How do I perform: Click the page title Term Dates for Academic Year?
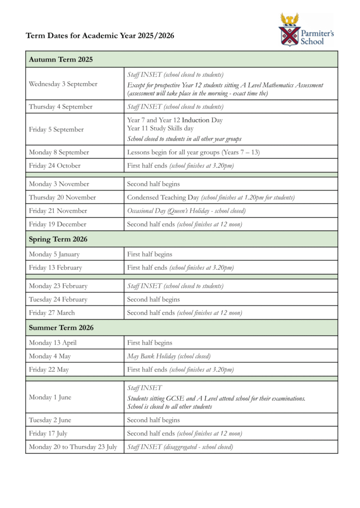click(100, 36)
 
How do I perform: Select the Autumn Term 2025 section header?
click(61, 60)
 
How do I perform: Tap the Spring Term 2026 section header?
click(58, 239)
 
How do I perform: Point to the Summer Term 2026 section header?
click(61, 327)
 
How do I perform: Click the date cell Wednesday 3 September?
click(63, 84)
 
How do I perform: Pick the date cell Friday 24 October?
click(55, 166)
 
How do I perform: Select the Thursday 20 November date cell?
click(63, 197)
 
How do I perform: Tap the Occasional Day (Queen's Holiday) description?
click(186, 211)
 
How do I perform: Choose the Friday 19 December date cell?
click(58, 224)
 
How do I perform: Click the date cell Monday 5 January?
click(54, 254)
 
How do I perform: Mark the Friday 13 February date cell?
click(56, 268)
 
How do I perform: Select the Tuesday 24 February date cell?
click(59, 300)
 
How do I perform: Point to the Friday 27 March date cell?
click(52, 313)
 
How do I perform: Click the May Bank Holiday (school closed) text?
click(169, 356)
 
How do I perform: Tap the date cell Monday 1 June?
click(50, 397)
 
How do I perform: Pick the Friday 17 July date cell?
click(50, 434)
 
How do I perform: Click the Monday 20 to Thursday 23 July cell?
click(73, 447)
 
